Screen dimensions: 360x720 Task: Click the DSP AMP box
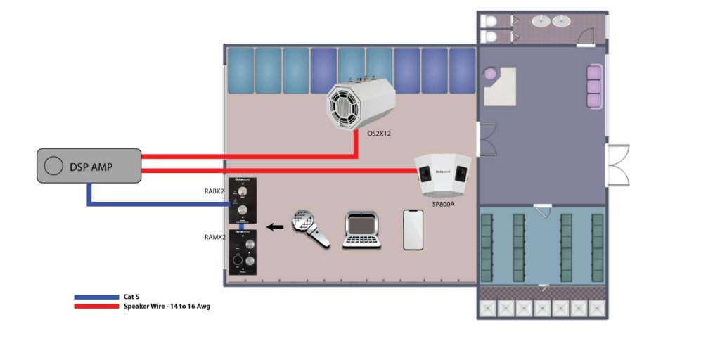point(89,167)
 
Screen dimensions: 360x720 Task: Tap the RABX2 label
point(214,191)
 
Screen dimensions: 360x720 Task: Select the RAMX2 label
point(214,237)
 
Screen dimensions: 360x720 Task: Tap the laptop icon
point(363,231)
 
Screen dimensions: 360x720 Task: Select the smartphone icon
point(413,229)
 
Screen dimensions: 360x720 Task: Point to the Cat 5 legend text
point(133,297)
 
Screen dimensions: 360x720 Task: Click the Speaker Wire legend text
point(167,307)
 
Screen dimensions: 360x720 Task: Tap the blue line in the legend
point(96,297)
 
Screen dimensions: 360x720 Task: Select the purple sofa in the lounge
point(594,86)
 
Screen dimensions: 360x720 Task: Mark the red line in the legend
point(96,306)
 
